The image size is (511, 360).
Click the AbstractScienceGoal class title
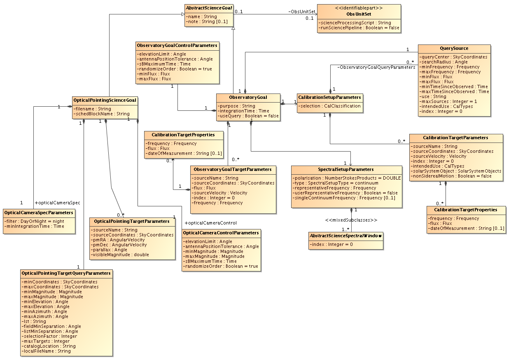[209, 7]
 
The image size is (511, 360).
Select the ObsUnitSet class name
[359, 14]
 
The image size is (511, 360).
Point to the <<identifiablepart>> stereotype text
[359, 8]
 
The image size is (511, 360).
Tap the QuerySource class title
[454, 48]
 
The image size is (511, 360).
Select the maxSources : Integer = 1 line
[448, 101]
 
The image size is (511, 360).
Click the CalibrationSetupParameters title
[329, 98]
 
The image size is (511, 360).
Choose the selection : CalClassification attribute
[330, 106]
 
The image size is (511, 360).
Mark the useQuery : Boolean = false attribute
[249, 116]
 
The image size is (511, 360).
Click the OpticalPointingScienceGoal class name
[105, 100]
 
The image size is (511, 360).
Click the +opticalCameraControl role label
[210, 223]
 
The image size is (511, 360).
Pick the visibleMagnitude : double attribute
[121, 255]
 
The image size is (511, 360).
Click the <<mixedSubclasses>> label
[351, 220]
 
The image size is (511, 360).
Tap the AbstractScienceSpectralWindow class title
[346, 236]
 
